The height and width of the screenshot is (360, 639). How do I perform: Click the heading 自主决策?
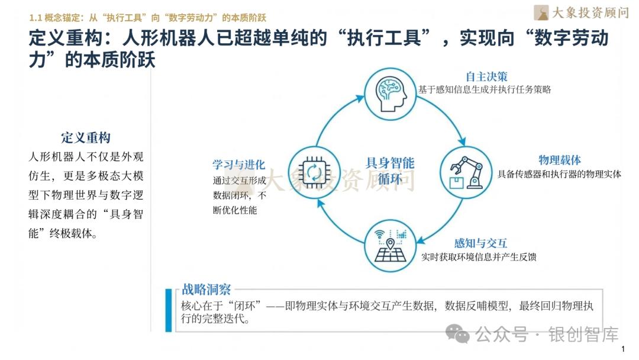coord(486,77)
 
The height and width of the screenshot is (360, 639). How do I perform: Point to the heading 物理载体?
coord(559,160)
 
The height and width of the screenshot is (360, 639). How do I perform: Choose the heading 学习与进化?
coord(238,165)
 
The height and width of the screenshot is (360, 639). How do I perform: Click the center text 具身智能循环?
coord(390,171)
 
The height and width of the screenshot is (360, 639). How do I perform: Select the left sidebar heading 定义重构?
coord(86,138)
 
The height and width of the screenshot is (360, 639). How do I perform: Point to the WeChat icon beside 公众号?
coord(458,334)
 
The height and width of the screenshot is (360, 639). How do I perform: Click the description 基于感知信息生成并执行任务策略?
coord(485,89)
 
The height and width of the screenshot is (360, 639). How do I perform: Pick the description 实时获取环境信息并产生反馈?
coord(479,257)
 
